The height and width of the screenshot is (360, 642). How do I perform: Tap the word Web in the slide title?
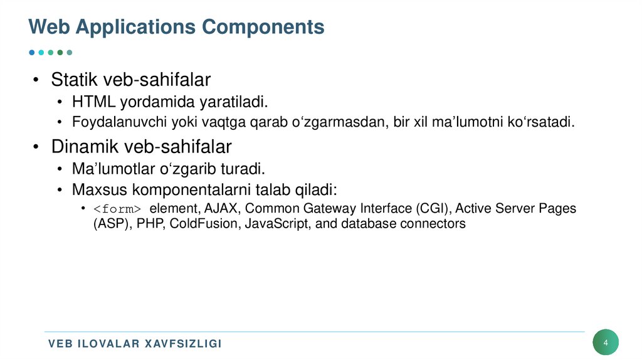[x=47, y=27]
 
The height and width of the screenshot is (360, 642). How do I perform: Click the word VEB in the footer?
[x=61, y=344]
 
